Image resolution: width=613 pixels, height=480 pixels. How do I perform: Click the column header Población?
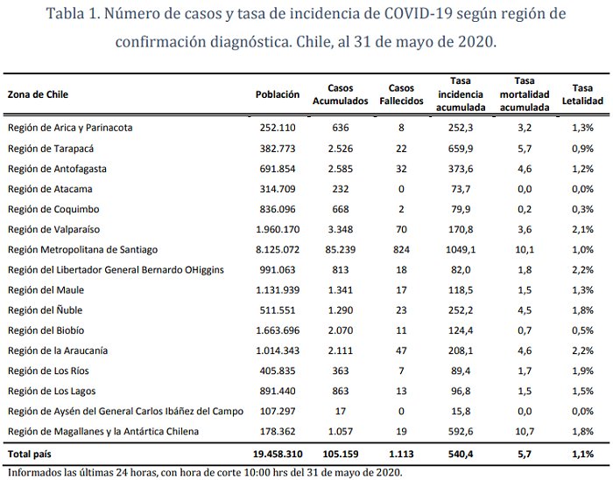pos(278,94)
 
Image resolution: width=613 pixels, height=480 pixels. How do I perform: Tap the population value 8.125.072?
pos(278,250)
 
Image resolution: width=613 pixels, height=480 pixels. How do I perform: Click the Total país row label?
pos(32,455)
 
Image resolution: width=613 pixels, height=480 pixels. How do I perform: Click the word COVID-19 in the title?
pos(419,17)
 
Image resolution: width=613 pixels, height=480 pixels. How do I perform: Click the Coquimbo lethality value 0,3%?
pos(582,209)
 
